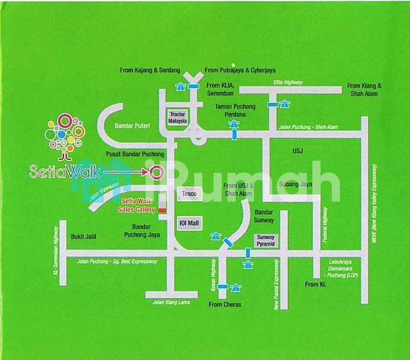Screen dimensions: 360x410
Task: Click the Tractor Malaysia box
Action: coord(179,117)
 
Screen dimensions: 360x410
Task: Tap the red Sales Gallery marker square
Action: coord(161,210)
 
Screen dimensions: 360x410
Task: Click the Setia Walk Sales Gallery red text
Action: coord(137,205)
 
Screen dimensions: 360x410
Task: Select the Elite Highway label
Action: coord(288,82)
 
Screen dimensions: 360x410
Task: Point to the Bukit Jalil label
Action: coord(83,236)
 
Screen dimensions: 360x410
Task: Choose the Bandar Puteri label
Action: coord(131,125)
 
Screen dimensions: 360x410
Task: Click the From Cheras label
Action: coord(224,305)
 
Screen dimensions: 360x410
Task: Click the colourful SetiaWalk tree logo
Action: coord(65,135)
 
